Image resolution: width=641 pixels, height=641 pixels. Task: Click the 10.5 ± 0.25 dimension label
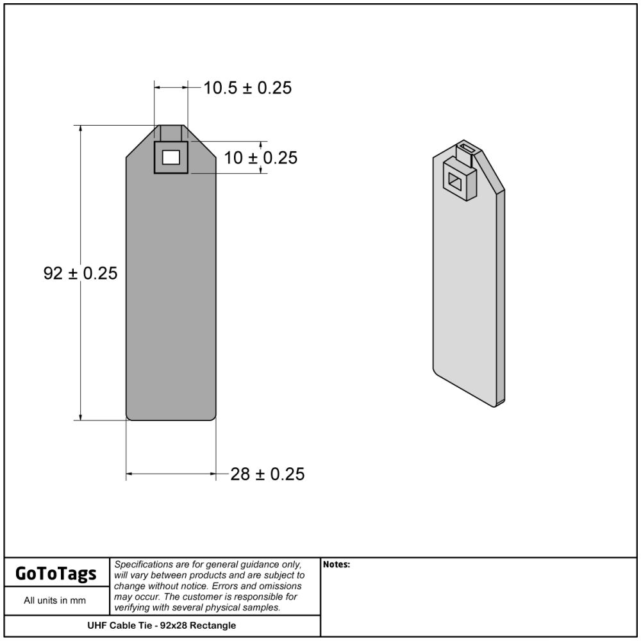pyautogui.click(x=247, y=88)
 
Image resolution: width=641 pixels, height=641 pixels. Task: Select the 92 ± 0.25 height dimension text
pyautogui.click(x=81, y=273)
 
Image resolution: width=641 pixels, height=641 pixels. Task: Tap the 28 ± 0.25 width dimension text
pyautogui.click(x=267, y=474)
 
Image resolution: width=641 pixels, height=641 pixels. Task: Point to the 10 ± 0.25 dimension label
pyautogui.click(x=261, y=158)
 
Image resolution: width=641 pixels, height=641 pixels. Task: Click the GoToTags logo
pyautogui.click(x=56, y=573)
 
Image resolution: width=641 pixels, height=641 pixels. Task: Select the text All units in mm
pyautogui.click(x=54, y=600)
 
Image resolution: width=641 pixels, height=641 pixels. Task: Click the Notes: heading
pyautogui.click(x=337, y=565)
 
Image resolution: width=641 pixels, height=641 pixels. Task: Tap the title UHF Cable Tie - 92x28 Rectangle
pyautogui.click(x=162, y=626)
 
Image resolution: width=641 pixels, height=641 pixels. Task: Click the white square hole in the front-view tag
pyautogui.click(x=171, y=158)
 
